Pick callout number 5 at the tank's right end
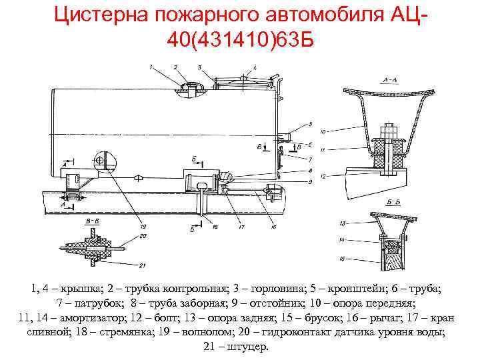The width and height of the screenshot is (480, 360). (x=309, y=124)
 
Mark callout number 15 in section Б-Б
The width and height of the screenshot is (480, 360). (x=341, y=258)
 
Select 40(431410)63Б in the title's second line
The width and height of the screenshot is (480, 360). (x=240, y=42)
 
